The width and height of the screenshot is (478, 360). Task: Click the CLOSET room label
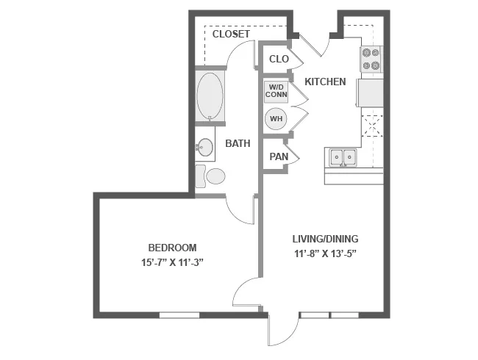coord(231,35)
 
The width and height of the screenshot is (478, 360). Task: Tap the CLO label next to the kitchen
coord(278,59)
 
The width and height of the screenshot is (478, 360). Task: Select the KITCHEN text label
coord(325,82)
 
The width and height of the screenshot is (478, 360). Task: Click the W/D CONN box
coord(277,94)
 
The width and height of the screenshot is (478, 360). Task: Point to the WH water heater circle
coord(277,119)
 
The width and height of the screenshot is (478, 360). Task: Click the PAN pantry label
coord(278,156)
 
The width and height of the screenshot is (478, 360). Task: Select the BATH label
coord(238,144)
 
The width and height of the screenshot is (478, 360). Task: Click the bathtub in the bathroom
coord(211,96)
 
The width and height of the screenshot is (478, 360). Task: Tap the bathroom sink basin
coord(204,148)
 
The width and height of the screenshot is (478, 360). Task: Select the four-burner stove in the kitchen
coord(371,60)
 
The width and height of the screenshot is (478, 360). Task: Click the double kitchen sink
coord(342,156)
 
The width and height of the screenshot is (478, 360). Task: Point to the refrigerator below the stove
coord(370,93)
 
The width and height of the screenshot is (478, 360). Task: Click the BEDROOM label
coord(172,248)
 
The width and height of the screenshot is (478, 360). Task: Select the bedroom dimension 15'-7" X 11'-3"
coord(172,262)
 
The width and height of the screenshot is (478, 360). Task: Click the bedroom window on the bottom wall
coord(179,315)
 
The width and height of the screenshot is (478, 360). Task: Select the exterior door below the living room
coord(283,328)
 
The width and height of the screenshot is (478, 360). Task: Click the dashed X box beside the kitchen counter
coord(372,126)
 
